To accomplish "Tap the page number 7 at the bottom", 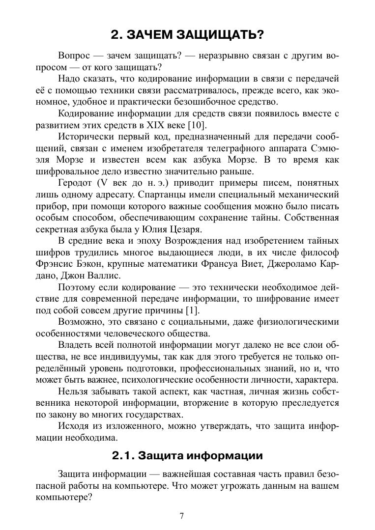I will (182, 516).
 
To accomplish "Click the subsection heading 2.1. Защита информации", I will (187, 455).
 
